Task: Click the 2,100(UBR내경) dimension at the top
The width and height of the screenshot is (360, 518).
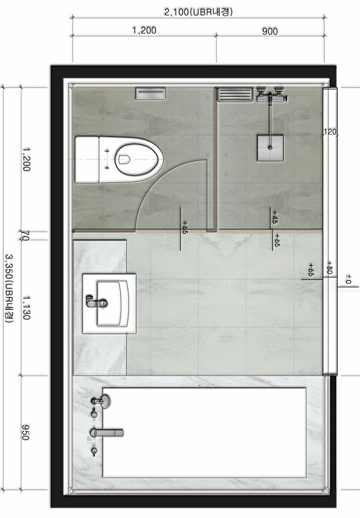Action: (x=198, y=12)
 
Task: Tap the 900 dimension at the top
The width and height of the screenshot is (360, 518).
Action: (x=270, y=31)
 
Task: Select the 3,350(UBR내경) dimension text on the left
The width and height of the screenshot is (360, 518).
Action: (x=9, y=288)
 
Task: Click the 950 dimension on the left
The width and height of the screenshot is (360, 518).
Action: (x=25, y=432)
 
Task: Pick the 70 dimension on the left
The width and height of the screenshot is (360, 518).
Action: (x=26, y=236)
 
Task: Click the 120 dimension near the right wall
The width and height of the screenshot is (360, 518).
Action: (x=329, y=132)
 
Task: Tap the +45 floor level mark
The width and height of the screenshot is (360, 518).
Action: (x=275, y=217)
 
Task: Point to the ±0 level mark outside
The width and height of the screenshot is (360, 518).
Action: (x=348, y=279)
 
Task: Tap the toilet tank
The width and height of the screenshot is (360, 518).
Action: (x=87, y=160)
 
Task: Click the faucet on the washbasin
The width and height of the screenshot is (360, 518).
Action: (x=97, y=301)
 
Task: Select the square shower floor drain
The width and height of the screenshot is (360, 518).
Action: (x=271, y=148)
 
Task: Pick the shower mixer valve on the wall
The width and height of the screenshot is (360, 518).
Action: (x=271, y=95)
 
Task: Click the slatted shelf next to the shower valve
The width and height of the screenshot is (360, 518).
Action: (x=235, y=94)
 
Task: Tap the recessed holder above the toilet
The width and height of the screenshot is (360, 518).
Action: (x=150, y=94)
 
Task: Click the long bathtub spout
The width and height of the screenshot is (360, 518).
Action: (x=106, y=432)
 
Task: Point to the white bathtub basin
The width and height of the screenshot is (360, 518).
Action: (x=205, y=433)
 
